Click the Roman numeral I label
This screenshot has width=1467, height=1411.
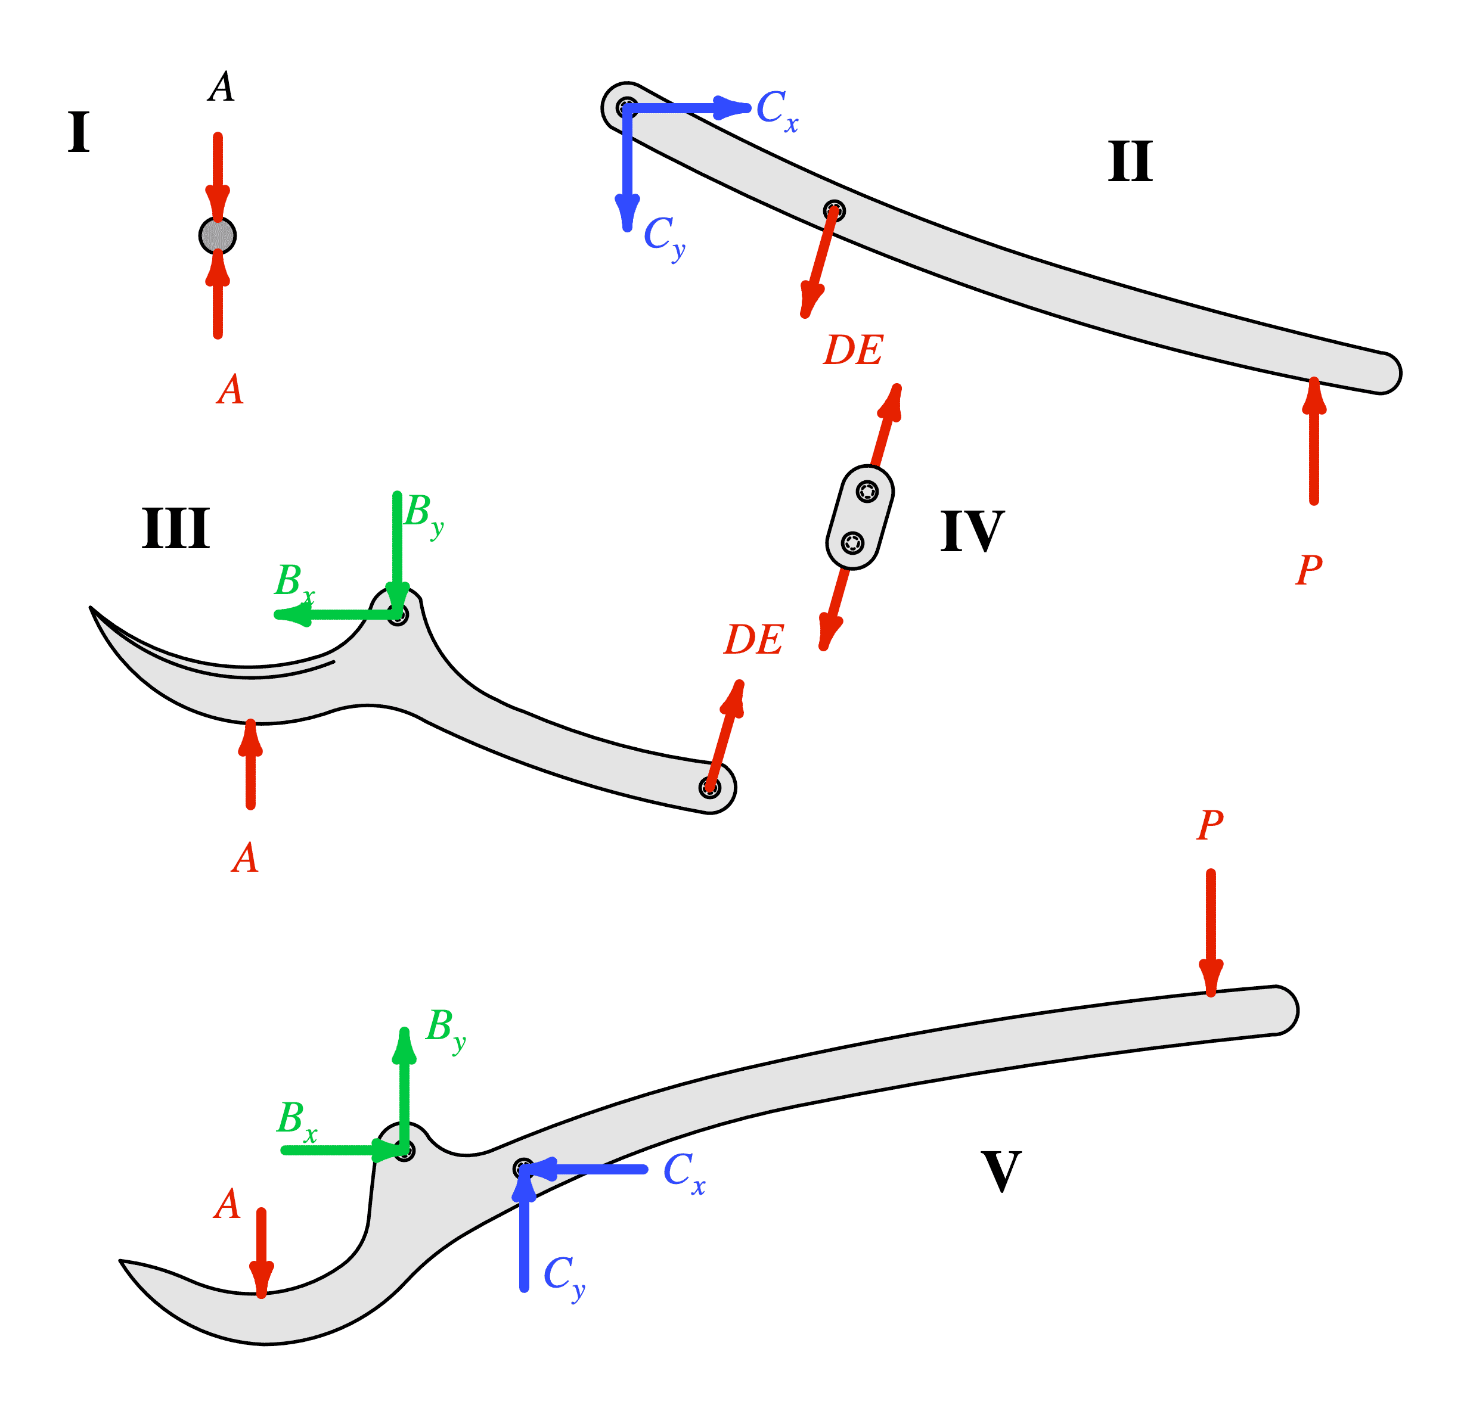coord(79,132)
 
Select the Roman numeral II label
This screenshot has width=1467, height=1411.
coord(1130,161)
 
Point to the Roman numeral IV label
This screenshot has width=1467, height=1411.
coord(972,531)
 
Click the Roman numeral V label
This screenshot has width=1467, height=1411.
coord(1001,1171)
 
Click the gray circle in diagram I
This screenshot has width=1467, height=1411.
coord(218,236)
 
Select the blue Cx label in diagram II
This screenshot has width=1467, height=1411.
coord(777,110)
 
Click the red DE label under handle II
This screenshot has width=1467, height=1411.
coord(852,350)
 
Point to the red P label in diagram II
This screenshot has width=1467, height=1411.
coord(1309,570)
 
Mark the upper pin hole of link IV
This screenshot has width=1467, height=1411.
coord(867,492)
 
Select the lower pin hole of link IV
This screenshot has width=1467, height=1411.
coord(852,542)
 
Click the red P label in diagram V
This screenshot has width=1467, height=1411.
coord(1210,825)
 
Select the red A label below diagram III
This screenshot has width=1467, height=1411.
coord(245,858)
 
